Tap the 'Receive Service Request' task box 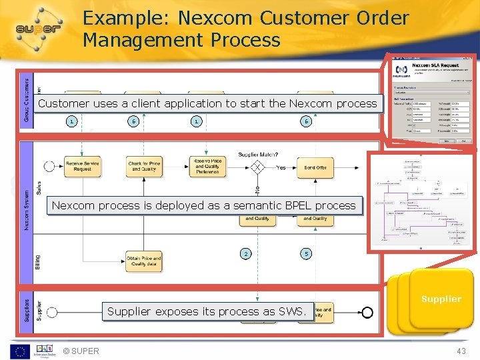click(83, 166)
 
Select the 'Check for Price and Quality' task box click(144, 166)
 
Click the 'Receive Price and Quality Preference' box click(207, 166)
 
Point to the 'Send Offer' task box click(315, 167)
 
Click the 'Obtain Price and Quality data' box click(143, 261)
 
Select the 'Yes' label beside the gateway click(281, 167)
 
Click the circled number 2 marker click(247, 254)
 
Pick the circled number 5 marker click(306, 254)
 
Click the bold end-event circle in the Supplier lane click(367, 312)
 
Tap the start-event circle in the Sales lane click(49, 166)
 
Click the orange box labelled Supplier click(441, 299)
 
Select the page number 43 click(461, 351)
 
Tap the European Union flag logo click(19, 351)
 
